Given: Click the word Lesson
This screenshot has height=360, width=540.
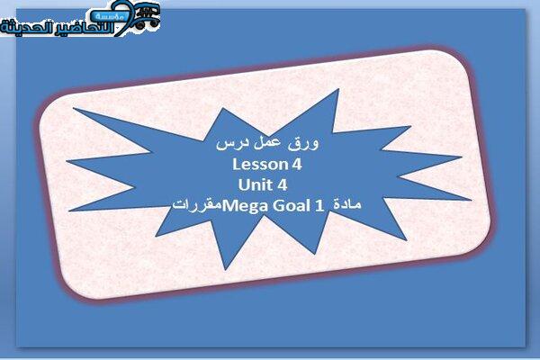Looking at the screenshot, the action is tap(260, 165).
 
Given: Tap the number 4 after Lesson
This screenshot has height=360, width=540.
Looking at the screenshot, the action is tap(297, 165).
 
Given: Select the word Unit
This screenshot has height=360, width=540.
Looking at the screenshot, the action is tap(256, 185).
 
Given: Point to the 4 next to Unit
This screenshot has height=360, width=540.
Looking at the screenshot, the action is tap(282, 185).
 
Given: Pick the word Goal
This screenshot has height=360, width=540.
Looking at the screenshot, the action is tap(291, 206).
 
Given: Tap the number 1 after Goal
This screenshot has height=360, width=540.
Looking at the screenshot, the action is tap(319, 206).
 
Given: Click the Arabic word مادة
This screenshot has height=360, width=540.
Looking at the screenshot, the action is tap(347, 204).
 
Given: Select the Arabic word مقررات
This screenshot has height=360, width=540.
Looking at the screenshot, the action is tap(197, 205).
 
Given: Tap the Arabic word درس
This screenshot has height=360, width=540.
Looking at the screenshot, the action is tap(229, 144).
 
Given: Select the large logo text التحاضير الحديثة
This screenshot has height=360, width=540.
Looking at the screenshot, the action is tap(58, 28).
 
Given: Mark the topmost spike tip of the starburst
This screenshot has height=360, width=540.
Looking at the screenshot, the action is tap(338, 89).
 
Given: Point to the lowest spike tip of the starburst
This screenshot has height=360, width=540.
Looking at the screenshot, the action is tap(226, 269).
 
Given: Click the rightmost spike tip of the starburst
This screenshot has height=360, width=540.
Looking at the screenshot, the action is tap(471, 200).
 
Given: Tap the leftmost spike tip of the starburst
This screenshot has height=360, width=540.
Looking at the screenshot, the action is tap(67, 161).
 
